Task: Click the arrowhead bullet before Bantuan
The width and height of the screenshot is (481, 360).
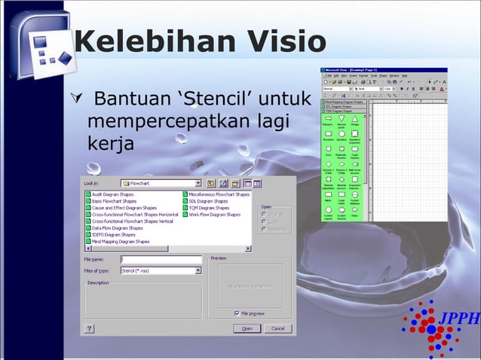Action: coord(72,99)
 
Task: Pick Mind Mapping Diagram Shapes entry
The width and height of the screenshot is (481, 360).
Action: coord(120,241)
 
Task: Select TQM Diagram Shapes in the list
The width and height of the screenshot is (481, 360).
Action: coord(209,208)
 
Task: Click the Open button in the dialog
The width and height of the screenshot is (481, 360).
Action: coord(247,328)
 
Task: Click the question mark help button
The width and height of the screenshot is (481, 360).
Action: coord(90,328)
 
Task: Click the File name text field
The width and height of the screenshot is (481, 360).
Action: coord(161,260)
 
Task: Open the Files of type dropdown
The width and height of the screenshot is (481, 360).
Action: coord(198,270)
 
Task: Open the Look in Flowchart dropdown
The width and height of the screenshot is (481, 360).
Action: coord(198,182)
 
